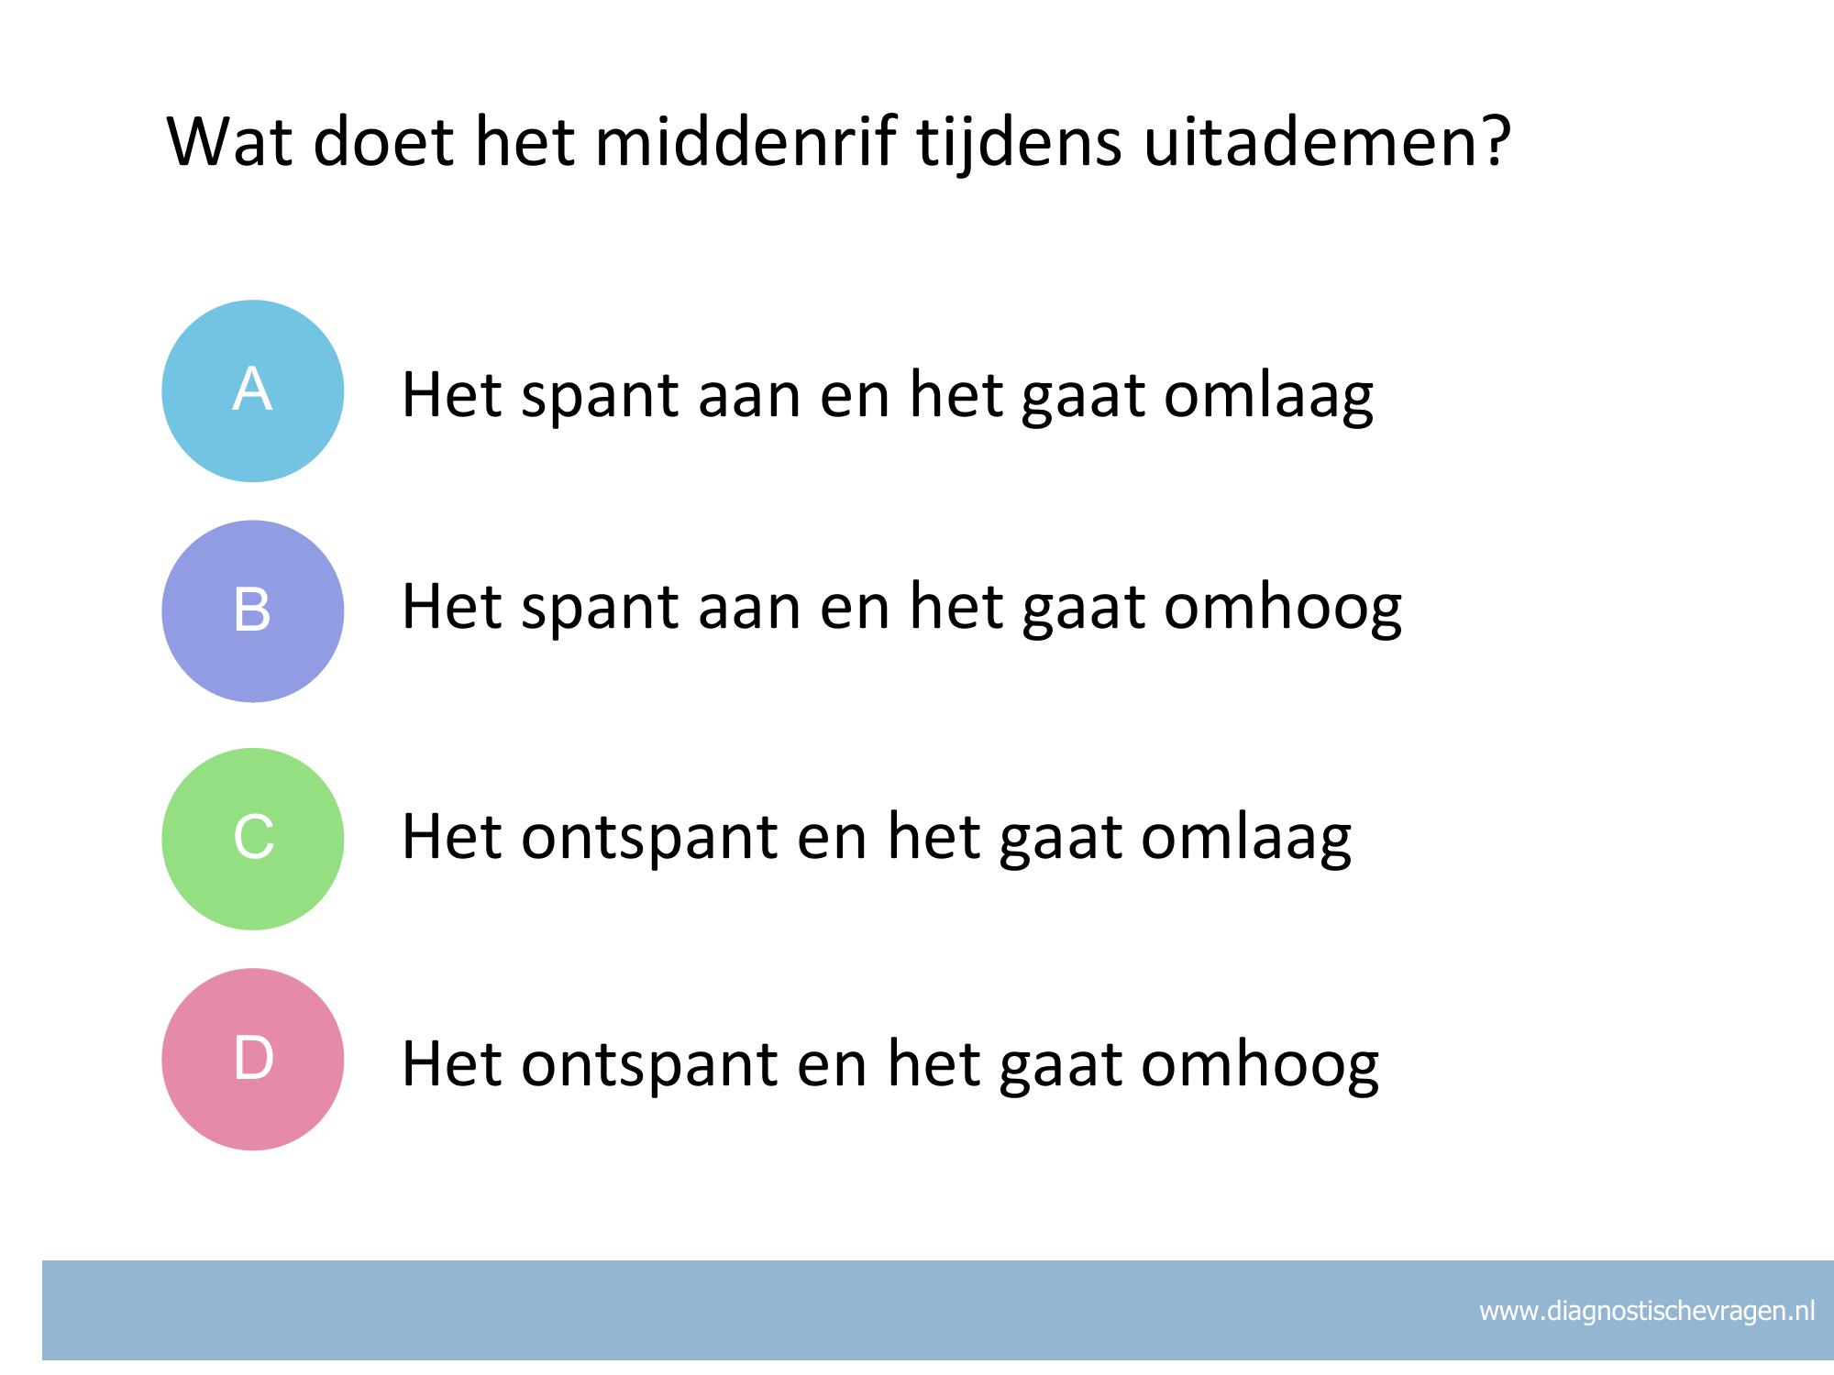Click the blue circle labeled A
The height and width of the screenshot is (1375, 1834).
(x=252, y=390)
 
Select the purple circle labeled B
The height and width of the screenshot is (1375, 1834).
(x=252, y=611)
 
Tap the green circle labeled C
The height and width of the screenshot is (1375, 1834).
(x=252, y=839)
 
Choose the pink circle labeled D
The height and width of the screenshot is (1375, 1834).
(x=252, y=1059)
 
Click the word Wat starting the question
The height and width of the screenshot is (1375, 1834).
(x=231, y=144)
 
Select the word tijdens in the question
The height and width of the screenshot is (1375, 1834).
(x=1019, y=144)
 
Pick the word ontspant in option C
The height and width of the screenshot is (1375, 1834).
(x=649, y=838)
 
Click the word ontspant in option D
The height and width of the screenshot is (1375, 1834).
(x=649, y=1065)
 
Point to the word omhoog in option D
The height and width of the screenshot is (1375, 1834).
(x=1260, y=1065)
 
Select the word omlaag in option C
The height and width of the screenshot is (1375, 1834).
(x=1246, y=838)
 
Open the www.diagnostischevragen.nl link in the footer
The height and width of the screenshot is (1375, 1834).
(x=1647, y=1312)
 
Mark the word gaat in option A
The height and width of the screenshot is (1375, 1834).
(x=1082, y=401)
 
